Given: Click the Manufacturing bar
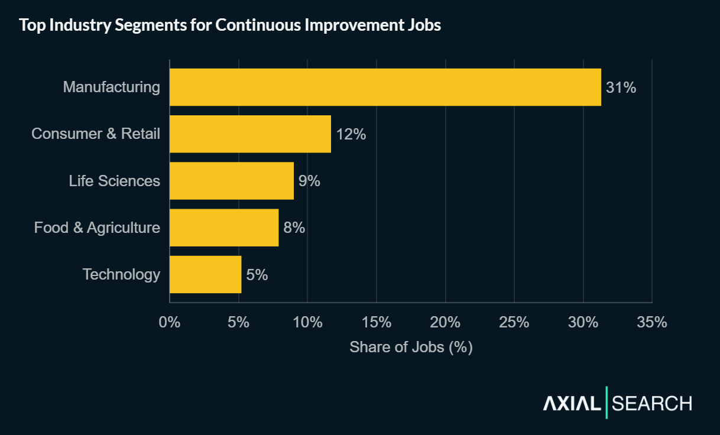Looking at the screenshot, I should (x=385, y=87).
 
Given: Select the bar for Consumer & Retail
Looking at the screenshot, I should (x=250, y=134).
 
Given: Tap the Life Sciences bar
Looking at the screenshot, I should (x=231, y=181).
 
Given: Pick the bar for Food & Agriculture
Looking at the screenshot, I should (x=223, y=228).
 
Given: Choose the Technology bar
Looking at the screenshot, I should (x=205, y=274).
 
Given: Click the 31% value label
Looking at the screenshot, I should (x=621, y=87).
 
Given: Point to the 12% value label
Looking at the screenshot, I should (x=351, y=134).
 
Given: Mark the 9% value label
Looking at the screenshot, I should (x=309, y=181).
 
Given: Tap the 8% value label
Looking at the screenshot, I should (x=294, y=228).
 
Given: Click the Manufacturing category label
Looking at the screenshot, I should (x=111, y=87).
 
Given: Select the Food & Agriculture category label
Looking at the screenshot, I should (x=97, y=228).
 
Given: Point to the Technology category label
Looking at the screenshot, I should (x=121, y=274).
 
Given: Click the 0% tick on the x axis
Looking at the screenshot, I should (x=170, y=323).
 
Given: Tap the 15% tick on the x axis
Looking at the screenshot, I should (x=377, y=323).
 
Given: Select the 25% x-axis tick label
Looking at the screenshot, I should (x=514, y=323).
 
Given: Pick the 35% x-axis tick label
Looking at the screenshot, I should (x=652, y=323).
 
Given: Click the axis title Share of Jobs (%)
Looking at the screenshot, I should (x=411, y=347).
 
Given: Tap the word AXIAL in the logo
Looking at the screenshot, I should (x=572, y=404).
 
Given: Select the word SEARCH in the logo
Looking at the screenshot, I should (x=651, y=404).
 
